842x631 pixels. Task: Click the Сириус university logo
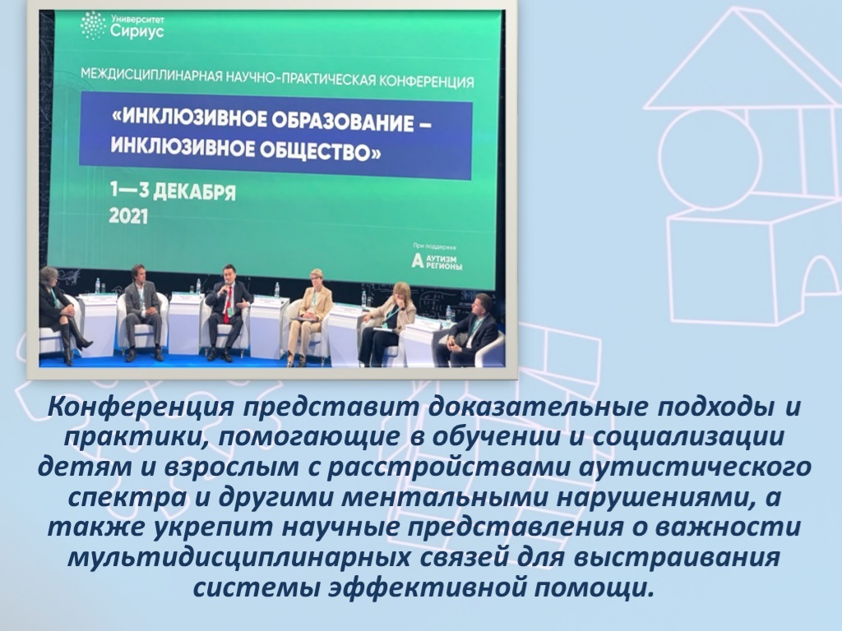122,25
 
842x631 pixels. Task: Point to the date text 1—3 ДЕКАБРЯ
173,191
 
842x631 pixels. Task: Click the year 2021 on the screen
128,216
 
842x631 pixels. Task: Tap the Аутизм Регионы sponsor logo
437,261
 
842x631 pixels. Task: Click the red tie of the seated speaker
228,304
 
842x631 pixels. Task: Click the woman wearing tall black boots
61,314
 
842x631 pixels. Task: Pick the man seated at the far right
468,330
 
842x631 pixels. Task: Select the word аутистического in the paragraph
695,467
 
